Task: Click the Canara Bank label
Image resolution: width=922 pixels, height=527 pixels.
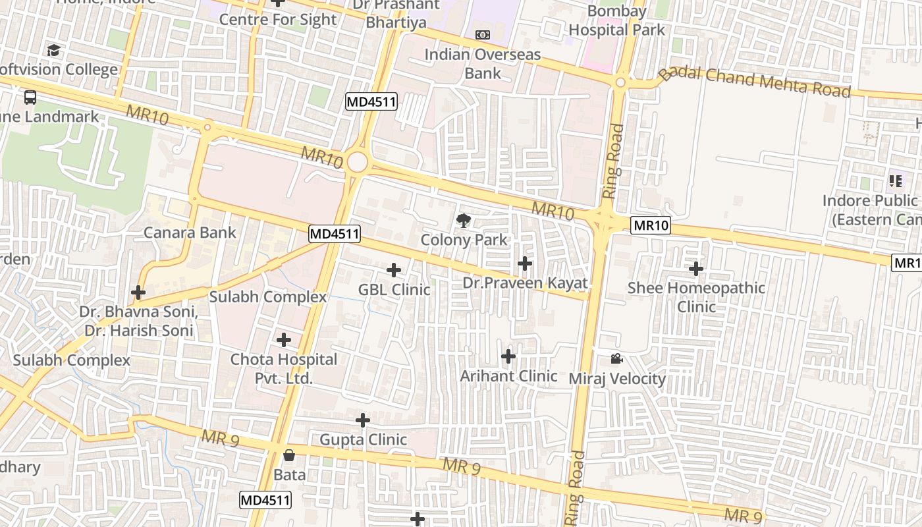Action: [x=190, y=233]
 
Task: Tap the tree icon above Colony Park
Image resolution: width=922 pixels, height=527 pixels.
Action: [x=464, y=221]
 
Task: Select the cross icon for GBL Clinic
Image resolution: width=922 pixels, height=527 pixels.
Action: [x=394, y=270]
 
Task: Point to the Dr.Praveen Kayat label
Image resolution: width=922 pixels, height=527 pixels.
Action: [x=524, y=283]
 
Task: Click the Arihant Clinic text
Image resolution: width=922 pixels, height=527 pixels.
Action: [x=508, y=376]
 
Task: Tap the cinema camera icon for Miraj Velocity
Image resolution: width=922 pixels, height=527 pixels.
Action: [x=616, y=359]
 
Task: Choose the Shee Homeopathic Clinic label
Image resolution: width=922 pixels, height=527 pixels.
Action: [x=696, y=297]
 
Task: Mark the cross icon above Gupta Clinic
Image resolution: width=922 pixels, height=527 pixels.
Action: [x=363, y=420]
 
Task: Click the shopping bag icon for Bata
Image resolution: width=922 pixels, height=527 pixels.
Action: [x=289, y=455]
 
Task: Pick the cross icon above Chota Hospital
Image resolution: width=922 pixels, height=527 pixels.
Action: [x=284, y=340]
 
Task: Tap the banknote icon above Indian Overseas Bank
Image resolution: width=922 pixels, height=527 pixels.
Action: [x=483, y=35]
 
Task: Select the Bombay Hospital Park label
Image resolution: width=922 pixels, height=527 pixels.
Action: [x=617, y=20]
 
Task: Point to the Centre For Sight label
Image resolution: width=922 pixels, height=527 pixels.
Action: [x=278, y=20]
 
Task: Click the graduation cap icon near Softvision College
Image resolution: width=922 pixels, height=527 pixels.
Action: [x=53, y=50]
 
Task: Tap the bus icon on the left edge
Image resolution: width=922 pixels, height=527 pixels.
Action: [x=30, y=97]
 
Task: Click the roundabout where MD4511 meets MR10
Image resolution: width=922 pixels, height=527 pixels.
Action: [x=357, y=162]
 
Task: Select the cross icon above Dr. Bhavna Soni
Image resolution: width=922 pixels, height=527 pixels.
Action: [x=138, y=292]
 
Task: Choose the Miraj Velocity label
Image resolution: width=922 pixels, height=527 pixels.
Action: [x=617, y=379]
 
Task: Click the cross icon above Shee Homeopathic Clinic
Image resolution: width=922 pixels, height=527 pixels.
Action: [x=696, y=269]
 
